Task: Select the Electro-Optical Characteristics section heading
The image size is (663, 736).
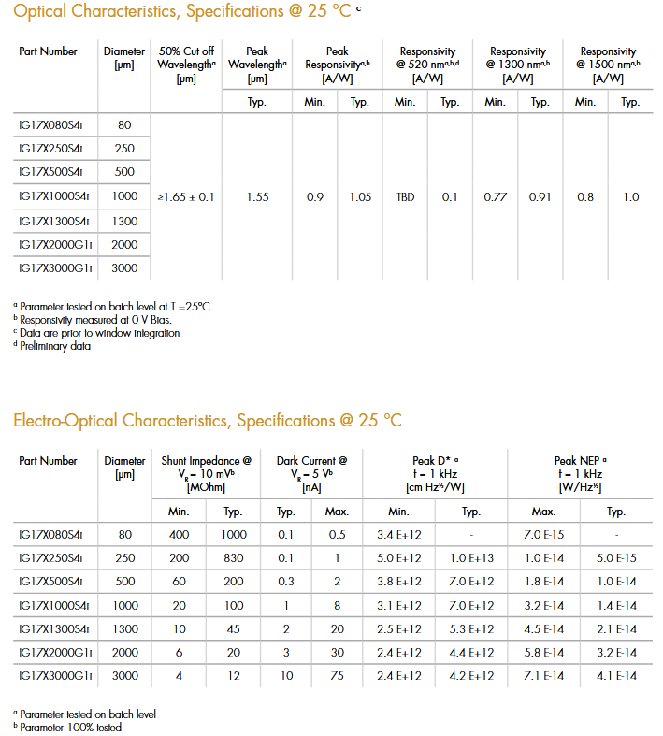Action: pos(207,420)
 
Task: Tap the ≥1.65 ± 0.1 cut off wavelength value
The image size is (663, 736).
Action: pos(186,197)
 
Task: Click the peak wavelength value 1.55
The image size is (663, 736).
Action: pos(257,197)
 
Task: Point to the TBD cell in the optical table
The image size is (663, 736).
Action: pos(405,197)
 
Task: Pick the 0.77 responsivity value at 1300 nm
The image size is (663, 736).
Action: pos(496,197)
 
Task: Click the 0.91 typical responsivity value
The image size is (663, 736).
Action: pos(540,197)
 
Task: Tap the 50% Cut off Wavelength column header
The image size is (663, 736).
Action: pos(186,65)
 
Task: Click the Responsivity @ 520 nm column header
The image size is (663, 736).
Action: pos(427,65)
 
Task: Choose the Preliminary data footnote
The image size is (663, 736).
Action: pos(55,346)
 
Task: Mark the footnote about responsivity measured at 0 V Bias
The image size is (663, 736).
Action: pos(95,320)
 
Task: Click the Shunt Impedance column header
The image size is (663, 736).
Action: pos(206,473)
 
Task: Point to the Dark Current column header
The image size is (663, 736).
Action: pos(312,473)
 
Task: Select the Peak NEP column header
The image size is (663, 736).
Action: pos(580,473)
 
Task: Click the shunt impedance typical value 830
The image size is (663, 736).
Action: pos(233,557)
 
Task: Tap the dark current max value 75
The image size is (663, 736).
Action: pos(337,675)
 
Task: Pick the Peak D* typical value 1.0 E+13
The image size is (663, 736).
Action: pos(471,557)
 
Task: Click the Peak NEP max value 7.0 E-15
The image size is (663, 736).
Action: pos(543,534)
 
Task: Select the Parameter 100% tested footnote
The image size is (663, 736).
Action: pos(70,727)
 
